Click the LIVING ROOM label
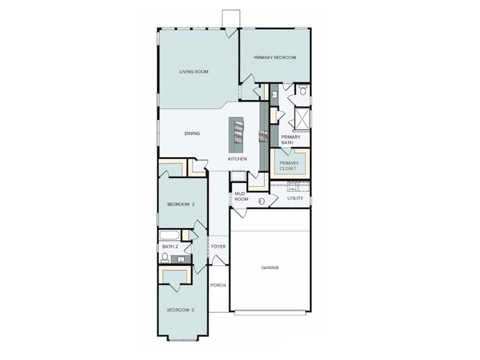click(193, 71)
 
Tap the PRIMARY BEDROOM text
click(275, 57)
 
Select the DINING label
click(192, 133)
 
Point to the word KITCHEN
click(237, 159)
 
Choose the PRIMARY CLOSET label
click(289, 165)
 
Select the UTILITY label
click(295, 198)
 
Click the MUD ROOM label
click(241, 196)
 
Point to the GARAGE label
click(270, 268)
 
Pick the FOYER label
click(217, 247)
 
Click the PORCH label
click(218, 285)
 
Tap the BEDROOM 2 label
click(181, 205)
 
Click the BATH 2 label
click(170, 247)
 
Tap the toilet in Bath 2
click(164, 258)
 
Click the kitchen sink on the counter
click(263, 136)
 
